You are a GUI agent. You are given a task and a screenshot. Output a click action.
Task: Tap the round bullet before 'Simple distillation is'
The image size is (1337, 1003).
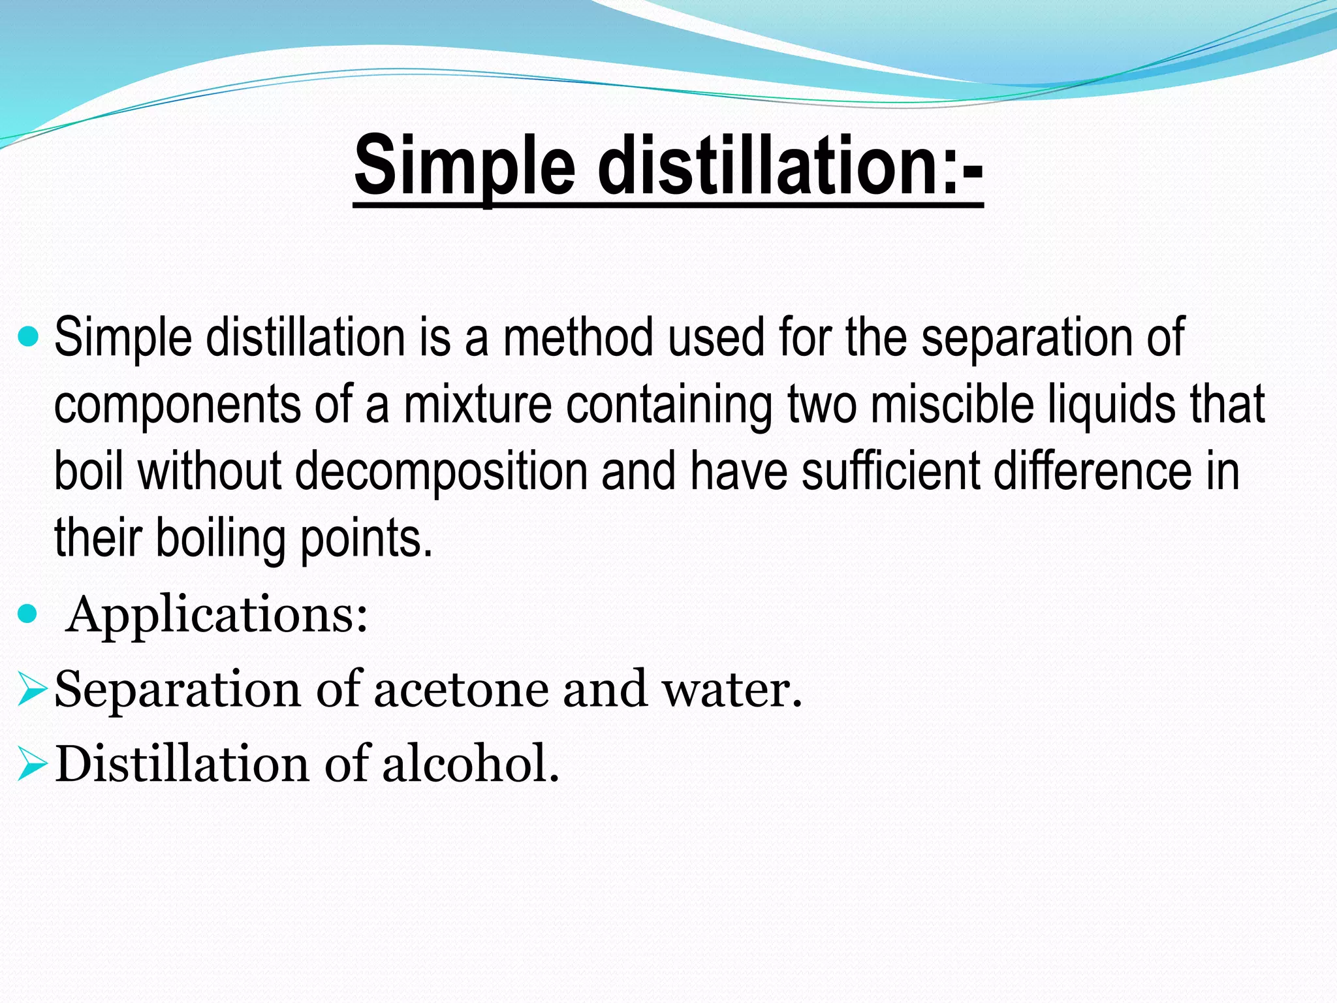pyautogui.click(x=29, y=337)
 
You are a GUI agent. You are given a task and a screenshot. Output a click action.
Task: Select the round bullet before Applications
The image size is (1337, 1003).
pyautogui.click(x=29, y=614)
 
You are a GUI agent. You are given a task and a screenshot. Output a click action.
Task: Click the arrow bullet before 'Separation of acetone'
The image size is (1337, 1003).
pyautogui.click(x=31, y=690)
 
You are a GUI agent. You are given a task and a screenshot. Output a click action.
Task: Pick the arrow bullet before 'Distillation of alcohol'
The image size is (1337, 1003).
pyautogui.click(x=31, y=764)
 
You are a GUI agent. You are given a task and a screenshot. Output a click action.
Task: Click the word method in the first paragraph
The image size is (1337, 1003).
pyautogui.click(x=578, y=337)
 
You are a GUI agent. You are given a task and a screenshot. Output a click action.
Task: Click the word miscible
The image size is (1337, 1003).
pyautogui.click(x=952, y=405)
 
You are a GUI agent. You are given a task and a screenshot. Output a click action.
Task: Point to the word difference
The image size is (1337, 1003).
pyautogui.click(x=1093, y=471)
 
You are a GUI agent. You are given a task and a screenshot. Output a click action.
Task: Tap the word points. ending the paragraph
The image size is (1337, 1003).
pyautogui.click(x=366, y=539)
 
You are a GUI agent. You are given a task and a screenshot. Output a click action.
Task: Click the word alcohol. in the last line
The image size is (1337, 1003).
pyautogui.click(x=471, y=764)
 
